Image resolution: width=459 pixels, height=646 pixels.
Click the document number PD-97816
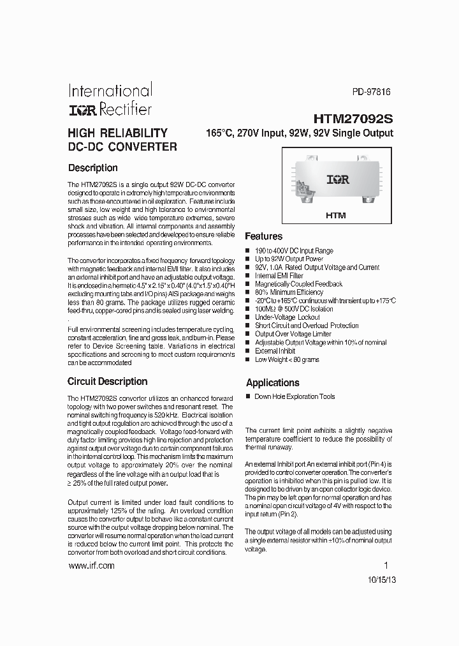371,92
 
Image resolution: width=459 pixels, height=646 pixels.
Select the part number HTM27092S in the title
353,119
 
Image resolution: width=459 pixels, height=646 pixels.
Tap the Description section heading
92,168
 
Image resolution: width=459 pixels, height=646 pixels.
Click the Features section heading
263,236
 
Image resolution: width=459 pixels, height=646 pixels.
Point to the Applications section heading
272,383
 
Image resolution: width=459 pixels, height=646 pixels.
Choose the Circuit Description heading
107,382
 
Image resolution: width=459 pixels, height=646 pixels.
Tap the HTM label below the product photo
335,215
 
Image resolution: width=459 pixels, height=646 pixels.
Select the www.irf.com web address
91,566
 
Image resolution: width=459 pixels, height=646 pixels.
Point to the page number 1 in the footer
386,565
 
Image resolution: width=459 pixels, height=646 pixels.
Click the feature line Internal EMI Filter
280,276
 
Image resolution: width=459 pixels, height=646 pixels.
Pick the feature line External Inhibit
275,351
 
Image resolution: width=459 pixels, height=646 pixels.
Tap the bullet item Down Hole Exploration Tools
295,396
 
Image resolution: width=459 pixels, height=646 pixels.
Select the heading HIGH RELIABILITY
117,133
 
